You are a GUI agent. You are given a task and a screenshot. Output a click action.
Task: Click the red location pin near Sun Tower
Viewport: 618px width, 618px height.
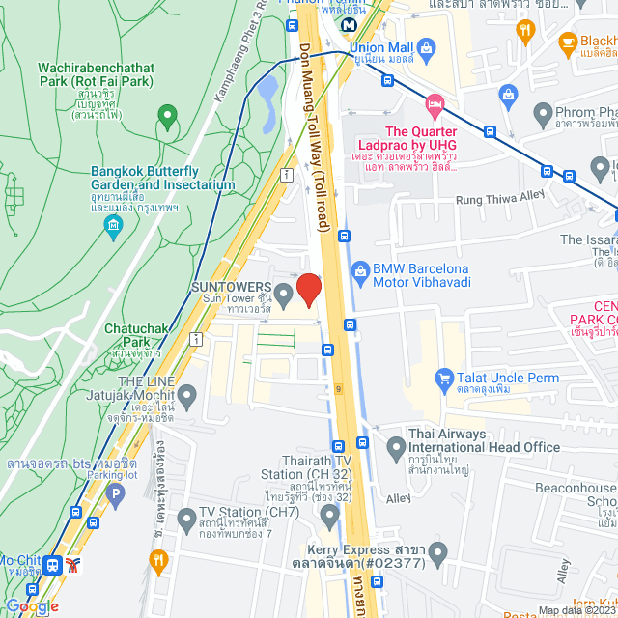[x=308, y=289]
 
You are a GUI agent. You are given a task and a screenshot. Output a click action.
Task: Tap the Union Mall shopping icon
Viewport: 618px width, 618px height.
[x=429, y=46]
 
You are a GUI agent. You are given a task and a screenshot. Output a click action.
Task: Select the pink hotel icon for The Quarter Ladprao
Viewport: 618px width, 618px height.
[x=435, y=102]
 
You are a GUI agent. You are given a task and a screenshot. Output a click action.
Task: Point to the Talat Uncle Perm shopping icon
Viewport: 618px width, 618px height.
[x=444, y=377]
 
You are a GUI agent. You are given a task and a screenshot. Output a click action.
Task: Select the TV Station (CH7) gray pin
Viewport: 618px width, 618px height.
[x=187, y=519]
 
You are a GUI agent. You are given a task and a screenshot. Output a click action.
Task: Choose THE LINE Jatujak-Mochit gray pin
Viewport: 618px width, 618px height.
[x=187, y=395]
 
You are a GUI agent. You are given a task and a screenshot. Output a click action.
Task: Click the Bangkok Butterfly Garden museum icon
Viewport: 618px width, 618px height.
[x=115, y=228]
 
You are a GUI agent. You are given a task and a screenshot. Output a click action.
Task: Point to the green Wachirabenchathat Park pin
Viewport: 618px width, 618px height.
[x=167, y=118]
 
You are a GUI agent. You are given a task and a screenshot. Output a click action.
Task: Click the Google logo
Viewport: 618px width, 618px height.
[x=32, y=605]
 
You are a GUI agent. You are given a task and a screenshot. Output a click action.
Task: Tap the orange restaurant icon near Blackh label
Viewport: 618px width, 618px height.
[x=525, y=31]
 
